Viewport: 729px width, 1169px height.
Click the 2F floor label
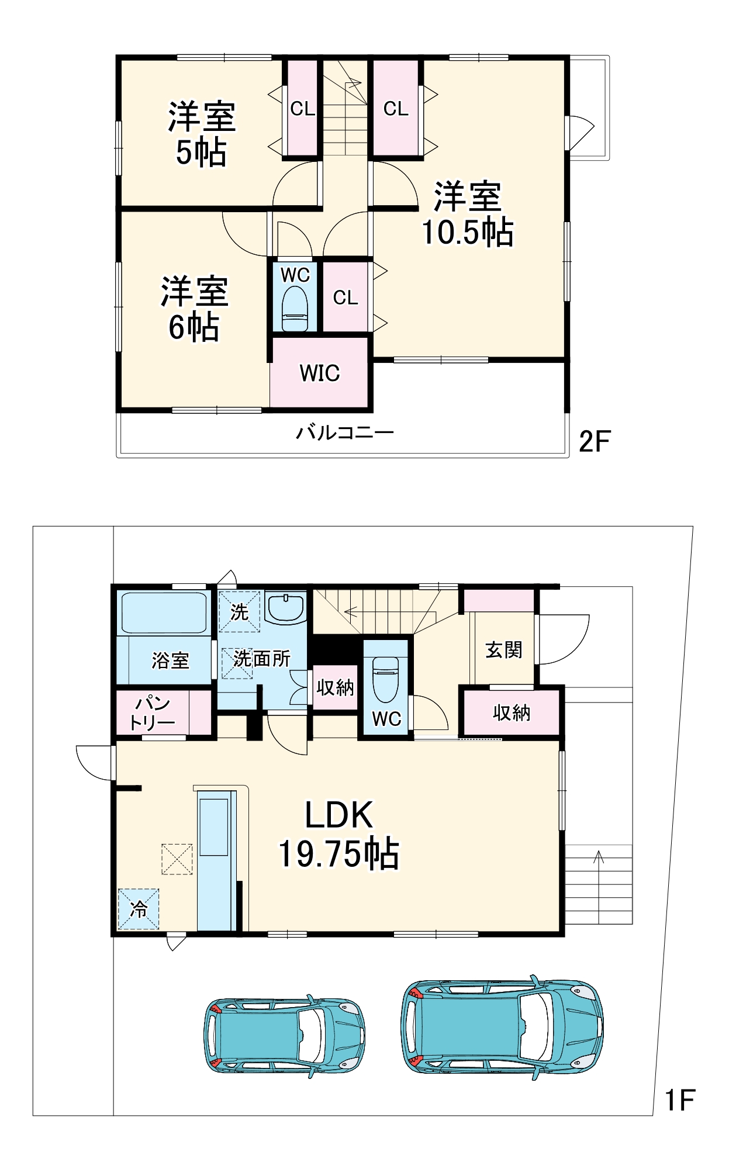pos(594,441)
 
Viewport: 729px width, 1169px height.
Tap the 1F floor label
pos(680,1100)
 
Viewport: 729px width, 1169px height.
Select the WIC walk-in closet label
pos(320,373)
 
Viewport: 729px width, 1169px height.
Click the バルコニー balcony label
pos(345,433)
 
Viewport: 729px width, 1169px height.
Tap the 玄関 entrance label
pos(503,649)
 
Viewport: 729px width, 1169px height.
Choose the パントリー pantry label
pos(152,713)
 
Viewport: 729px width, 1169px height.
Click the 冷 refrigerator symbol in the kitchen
pos(139,909)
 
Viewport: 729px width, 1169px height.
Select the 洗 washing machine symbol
pos(239,611)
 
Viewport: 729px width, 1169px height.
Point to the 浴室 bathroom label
pos(170,660)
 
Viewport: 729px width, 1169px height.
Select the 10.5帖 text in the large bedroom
pos(468,232)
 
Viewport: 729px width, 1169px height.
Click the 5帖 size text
pos(202,153)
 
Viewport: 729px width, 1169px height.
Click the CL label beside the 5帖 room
pos(302,109)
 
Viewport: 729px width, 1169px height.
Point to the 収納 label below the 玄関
pos(512,713)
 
